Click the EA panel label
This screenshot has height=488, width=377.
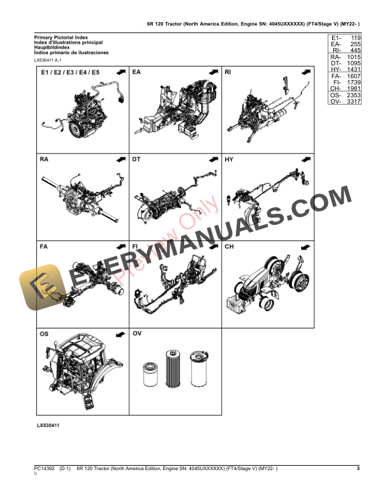coord(137,73)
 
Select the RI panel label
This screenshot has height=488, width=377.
coord(228,73)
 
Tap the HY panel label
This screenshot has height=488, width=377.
coord(229,160)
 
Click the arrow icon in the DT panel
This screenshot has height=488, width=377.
coord(213,160)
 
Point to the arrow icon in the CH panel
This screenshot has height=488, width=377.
coord(304,246)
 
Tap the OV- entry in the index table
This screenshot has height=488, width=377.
coord(336,110)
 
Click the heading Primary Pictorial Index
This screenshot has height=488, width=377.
coord(62,38)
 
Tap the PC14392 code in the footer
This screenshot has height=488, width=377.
coord(46,469)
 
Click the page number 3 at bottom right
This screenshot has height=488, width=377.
coord(358,469)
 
